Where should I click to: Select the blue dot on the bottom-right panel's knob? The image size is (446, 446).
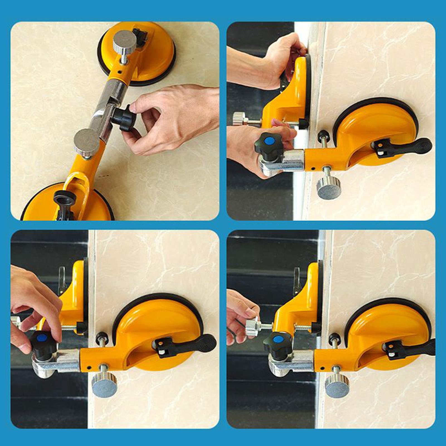pyautogui.click(x=277, y=339)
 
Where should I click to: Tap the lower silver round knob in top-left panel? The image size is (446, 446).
pyautogui.click(x=87, y=142)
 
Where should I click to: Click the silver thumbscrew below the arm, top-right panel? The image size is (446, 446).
pyautogui.click(x=329, y=187)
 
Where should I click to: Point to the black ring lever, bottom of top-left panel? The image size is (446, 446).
pyautogui.click(x=65, y=198)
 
